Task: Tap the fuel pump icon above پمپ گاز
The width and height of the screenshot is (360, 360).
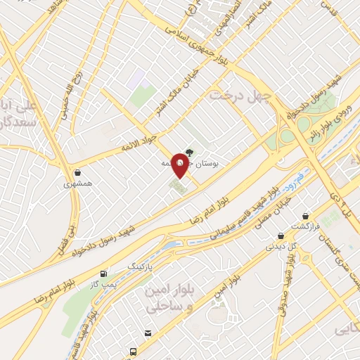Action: click(105, 274)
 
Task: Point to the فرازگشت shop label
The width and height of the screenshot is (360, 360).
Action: click(306, 228)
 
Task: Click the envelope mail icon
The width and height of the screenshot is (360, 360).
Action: click(148, 333)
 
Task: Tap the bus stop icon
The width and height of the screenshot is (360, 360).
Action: click(131, 351)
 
